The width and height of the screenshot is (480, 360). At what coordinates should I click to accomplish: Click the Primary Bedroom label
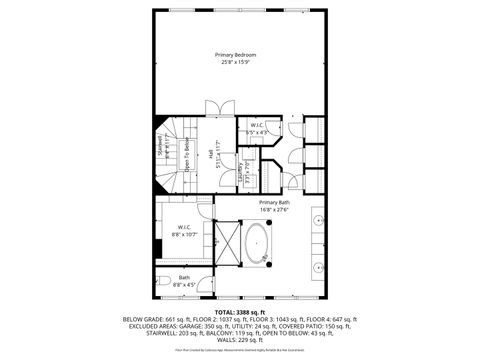(239, 54)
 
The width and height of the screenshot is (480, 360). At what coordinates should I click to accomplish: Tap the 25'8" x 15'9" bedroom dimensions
(239, 63)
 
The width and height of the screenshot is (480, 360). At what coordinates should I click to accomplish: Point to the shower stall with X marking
(228, 243)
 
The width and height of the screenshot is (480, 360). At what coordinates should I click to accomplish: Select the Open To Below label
(186, 156)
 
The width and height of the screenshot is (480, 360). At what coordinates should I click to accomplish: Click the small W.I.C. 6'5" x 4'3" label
(257, 126)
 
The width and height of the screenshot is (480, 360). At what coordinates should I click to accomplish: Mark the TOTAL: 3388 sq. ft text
(239, 312)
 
